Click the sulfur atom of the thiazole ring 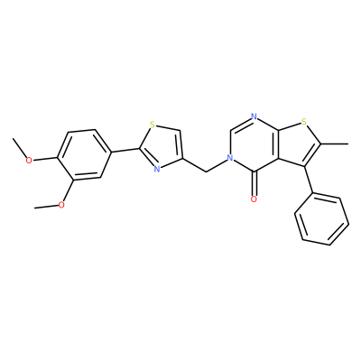(x=153, y=124)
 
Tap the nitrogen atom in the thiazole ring (x=157, y=169)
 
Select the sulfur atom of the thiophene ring (x=304, y=122)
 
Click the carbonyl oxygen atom (x=254, y=199)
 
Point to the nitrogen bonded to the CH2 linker (x=230, y=157)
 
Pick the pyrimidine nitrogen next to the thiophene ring (x=254, y=116)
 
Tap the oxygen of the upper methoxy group (x=29, y=160)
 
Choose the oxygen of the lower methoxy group (x=61, y=205)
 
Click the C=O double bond (x=254, y=183)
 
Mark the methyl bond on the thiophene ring (x=334, y=144)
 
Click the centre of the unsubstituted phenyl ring (x=322, y=220)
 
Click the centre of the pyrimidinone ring (x=254, y=143)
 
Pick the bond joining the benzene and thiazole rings (x=125, y=150)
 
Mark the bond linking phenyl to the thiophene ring (x=309, y=180)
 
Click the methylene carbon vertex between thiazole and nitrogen (x=207, y=171)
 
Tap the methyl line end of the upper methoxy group (x=14, y=139)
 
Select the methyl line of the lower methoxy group (x=46, y=207)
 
